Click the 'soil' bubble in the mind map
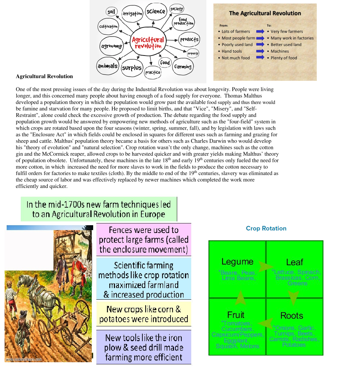point(111,12)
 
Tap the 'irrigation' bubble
point(133,14)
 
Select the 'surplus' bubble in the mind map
point(132,68)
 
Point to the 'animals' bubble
point(108,66)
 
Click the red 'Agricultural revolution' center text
point(148,43)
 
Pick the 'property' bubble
point(193,53)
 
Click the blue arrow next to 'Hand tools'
point(260,51)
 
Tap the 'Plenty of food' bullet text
point(284,58)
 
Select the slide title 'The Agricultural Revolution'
point(265,13)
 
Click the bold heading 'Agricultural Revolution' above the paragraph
point(44,76)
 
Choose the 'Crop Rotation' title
point(266,228)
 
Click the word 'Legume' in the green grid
point(237,262)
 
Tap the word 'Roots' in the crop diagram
point(291,315)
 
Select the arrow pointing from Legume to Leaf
point(265,266)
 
